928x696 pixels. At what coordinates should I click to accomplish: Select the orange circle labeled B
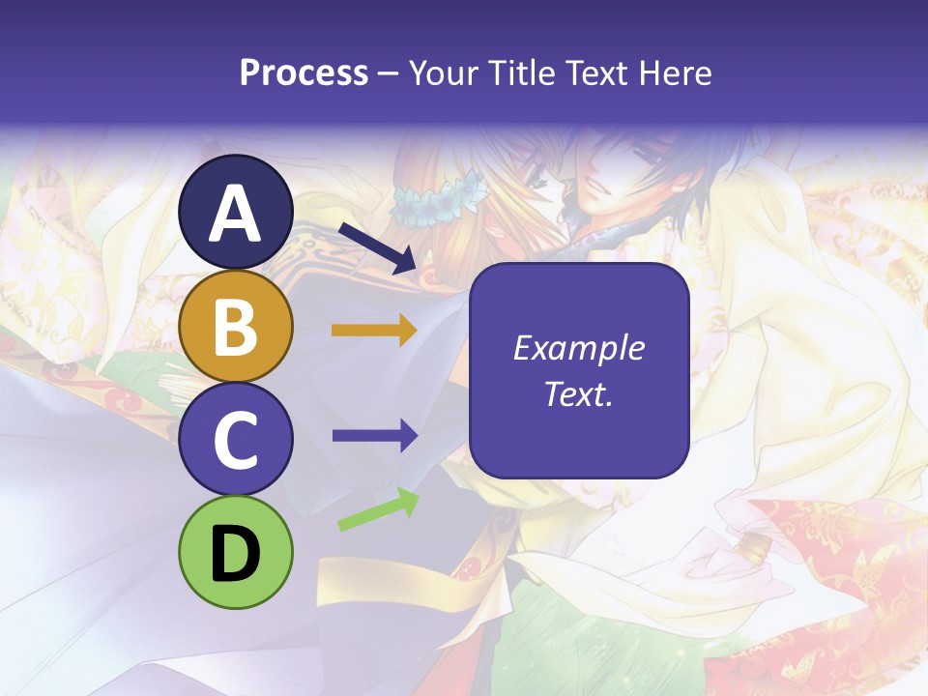coord(236,327)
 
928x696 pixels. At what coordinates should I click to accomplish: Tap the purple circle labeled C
coord(236,440)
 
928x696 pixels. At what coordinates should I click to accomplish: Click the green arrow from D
coord(378,510)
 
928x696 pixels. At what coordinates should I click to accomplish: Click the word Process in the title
coord(304,72)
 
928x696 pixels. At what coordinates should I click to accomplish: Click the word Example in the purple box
coord(578,348)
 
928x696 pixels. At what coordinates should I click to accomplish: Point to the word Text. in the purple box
coord(578,394)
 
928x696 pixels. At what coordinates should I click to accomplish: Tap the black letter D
coord(236,554)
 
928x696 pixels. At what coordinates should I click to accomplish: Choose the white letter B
coord(236,327)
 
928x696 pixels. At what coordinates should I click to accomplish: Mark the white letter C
coord(236,440)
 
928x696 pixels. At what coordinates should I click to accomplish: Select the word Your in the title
coord(443,72)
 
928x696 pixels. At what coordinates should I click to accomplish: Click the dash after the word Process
coord(388,74)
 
